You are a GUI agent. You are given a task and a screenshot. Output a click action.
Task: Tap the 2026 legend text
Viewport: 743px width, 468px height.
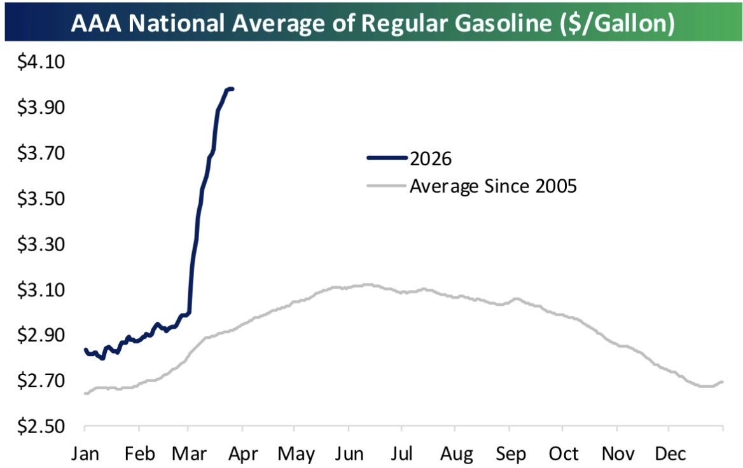click(431, 159)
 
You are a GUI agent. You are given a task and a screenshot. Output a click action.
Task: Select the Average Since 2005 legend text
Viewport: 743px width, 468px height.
click(493, 186)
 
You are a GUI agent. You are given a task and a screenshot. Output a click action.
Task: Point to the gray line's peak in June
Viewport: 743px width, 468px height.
click(365, 284)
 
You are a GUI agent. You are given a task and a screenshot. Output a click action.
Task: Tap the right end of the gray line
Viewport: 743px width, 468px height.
click(722, 382)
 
